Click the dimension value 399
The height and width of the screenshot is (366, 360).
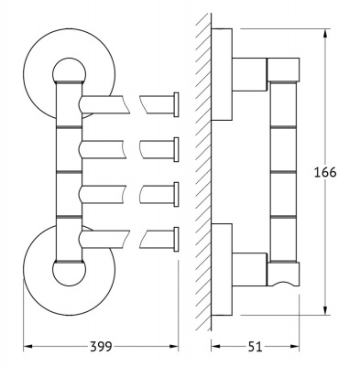tap(101, 347)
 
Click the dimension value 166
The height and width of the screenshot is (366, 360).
tap(325, 173)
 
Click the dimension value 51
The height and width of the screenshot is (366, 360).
tap(255, 347)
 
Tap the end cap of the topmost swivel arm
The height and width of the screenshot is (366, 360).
tap(176, 104)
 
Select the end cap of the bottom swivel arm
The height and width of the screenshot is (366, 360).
tap(176, 240)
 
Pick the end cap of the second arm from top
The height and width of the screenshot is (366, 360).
tap(176, 149)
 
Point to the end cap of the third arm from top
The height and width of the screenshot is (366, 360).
tap(176, 195)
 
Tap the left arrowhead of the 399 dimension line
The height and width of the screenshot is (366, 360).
tap(27, 347)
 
